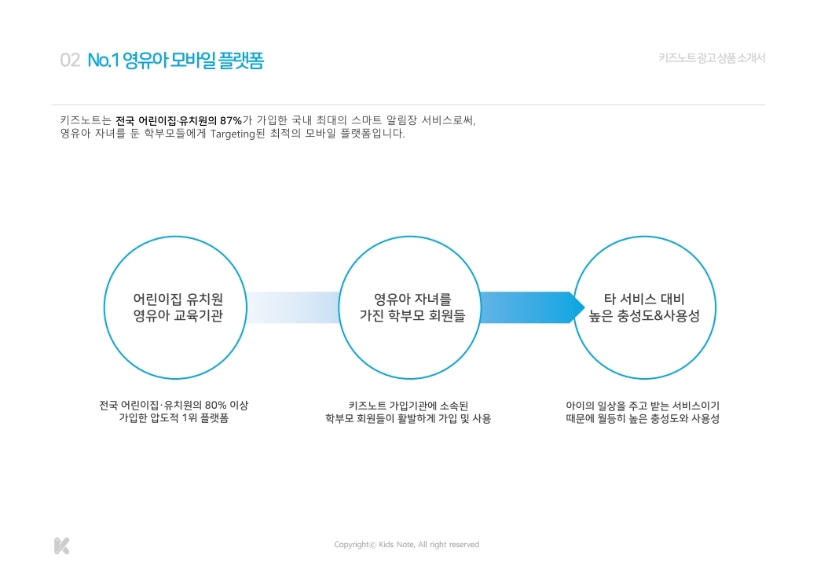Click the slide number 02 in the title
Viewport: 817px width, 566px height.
(x=70, y=61)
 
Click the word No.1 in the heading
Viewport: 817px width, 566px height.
(x=103, y=61)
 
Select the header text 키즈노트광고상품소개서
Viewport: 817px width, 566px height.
(x=712, y=58)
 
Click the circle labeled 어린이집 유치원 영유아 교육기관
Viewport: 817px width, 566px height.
(x=178, y=307)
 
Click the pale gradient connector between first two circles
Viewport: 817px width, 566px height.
(x=293, y=307)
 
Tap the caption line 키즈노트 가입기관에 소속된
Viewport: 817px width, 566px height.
(x=408, y=406)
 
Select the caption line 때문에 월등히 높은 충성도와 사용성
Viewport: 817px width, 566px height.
(x=643, y=419)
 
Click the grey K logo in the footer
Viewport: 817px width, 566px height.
(x=61, y=545)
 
